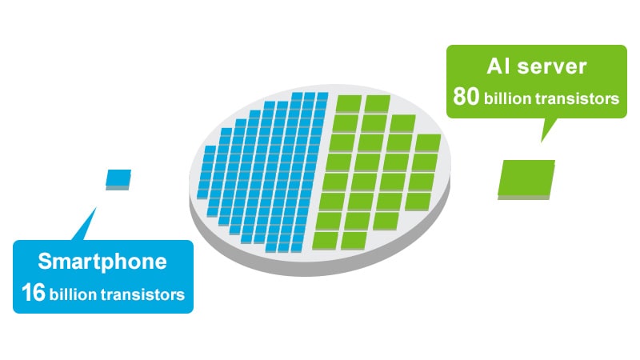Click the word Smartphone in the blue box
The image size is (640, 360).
point(102,262)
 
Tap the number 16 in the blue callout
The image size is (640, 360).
point(34,293)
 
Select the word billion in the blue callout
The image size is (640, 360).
point(73,294)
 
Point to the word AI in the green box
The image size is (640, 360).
point(498,66)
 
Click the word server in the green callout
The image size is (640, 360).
point(551,67)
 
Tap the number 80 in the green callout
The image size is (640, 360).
point(466,97)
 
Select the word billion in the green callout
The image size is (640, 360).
point(507,98)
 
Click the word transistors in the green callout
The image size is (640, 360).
point(577,98)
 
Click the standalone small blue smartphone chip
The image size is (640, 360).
point(118,179)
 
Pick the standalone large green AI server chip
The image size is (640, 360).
point(526,179)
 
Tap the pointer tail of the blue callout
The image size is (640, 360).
point(86,226)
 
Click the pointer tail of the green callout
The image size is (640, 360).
point(548,130)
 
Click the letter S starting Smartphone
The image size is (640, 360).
point(45,262)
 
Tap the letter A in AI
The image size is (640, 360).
point(494,66)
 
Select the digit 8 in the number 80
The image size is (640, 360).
point(459,97)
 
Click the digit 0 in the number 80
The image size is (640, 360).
point(473,97)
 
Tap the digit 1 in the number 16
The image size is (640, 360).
point(26,293)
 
